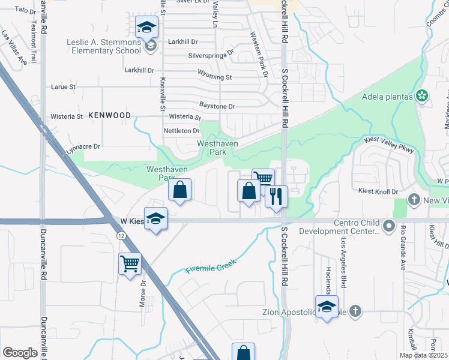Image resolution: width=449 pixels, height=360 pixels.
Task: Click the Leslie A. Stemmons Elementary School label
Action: click(103, 46)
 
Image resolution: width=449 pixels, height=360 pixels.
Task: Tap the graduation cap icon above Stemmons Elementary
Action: click(146, 28)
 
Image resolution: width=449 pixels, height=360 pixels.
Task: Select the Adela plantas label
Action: click(388, 97)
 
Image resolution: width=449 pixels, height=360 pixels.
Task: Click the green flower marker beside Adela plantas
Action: click(423, 95)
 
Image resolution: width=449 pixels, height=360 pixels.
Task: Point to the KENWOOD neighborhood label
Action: click(109, 115)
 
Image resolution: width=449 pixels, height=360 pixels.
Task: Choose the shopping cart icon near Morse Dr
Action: click(130, 263)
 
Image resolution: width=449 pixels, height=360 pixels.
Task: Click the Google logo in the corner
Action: click(20, 353)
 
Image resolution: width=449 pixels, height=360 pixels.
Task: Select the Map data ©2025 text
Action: click(423, 355)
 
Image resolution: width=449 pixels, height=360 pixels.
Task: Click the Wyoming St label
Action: click(214, 77)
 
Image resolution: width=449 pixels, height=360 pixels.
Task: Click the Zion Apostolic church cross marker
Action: click(355, 311)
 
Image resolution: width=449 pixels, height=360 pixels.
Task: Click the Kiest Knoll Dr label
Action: click(378, 191)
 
